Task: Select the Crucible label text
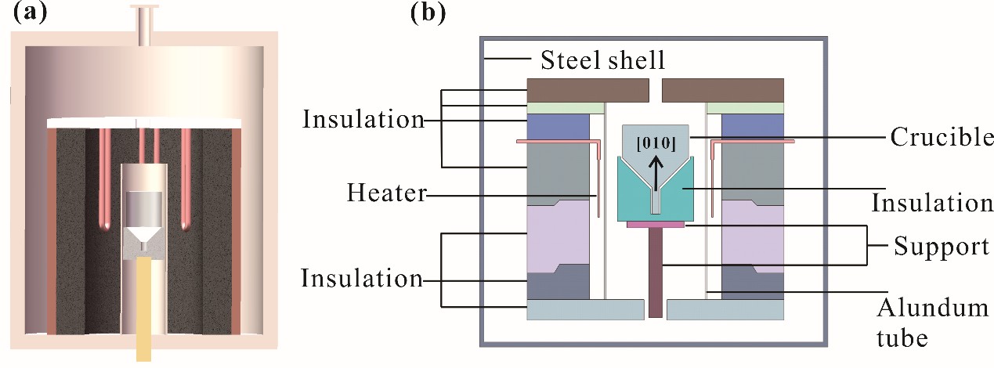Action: point(941,138)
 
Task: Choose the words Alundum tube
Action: point(933,322)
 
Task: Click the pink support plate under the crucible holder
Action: point(656,225)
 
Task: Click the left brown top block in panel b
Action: point(587,90)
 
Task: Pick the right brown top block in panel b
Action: point(722,90)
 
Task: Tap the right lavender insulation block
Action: point(752,239)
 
